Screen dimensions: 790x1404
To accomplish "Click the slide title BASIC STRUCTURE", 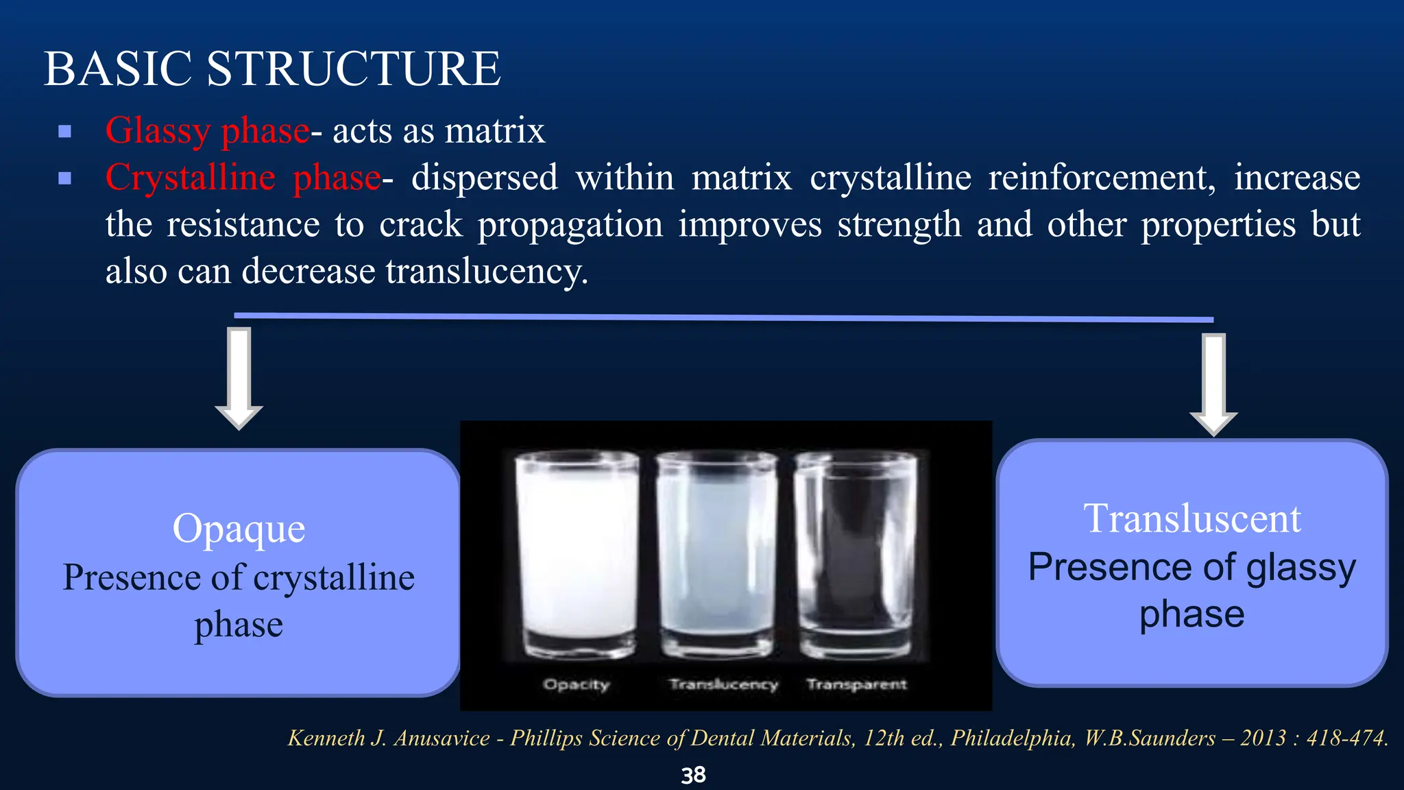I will click(x=272, y=69).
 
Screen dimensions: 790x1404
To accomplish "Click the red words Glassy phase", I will click(x=207, y=130).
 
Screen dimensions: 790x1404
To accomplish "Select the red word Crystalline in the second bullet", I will click(x=190, y=178).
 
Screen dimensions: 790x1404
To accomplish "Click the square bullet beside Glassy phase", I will click(x=65, y=131).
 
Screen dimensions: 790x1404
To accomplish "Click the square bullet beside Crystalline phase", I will click(x=65, y=179).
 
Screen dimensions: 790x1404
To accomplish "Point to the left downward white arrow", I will click(x=239, y=377).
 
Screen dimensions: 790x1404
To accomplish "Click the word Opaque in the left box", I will click(x=239, y=528).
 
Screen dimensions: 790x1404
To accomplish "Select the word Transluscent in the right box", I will click(x=1191, y=518).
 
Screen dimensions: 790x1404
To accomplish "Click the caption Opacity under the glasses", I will click(x=576, y=684).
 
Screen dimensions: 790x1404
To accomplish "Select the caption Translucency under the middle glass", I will click(x=723, y=684).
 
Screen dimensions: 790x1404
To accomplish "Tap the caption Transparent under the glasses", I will click(x=856, y=684).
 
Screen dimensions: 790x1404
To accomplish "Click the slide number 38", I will click(x=693, y=775).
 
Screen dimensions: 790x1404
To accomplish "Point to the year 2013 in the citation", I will click(x=1263, y=738).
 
